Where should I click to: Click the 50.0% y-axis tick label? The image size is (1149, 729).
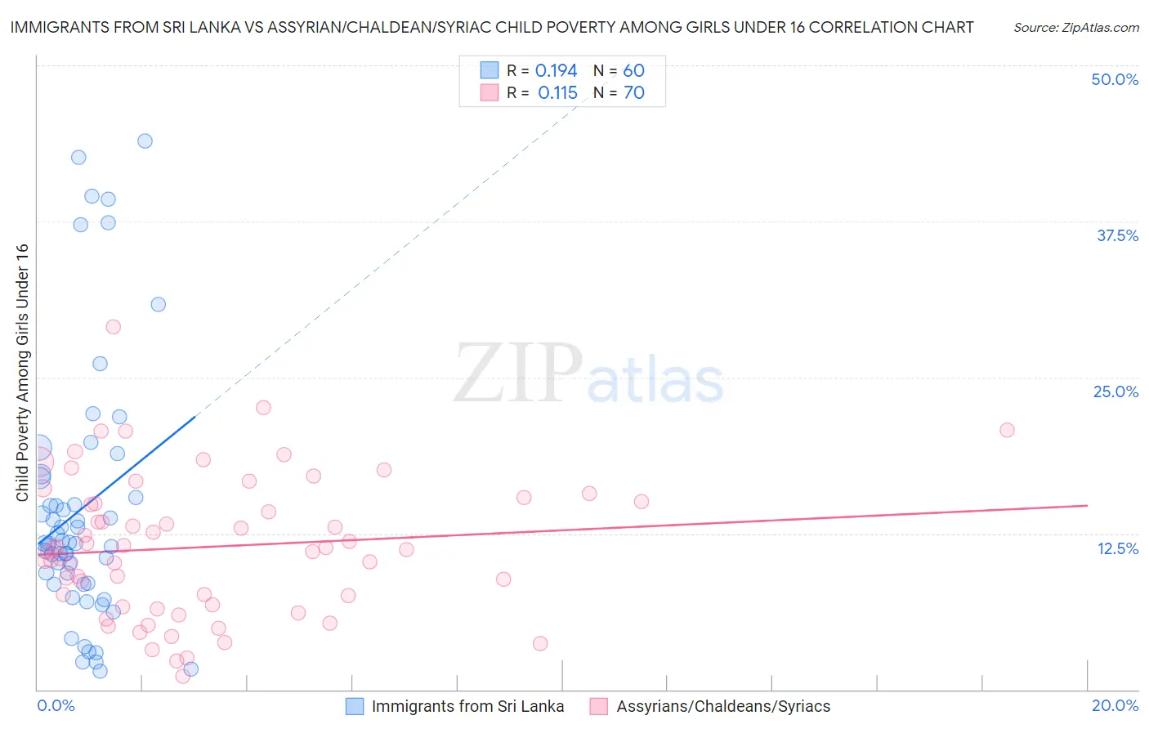(1115, 79)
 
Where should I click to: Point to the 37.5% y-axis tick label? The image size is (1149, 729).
(1117, 235)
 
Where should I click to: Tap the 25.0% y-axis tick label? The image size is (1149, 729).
(1115, 391)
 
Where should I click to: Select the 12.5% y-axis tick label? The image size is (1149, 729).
(1117, 548)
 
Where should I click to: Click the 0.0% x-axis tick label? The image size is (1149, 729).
(56, 705)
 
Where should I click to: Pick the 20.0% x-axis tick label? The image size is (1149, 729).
(1115, 705)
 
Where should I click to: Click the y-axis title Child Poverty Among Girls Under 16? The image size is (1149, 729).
(22, 373)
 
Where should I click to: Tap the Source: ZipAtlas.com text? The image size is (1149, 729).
(1075, 28)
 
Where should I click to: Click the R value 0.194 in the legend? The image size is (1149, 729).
(556, 71)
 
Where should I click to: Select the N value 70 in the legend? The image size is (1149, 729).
(634, 93)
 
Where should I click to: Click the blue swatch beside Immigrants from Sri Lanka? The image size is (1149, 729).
(355, 706)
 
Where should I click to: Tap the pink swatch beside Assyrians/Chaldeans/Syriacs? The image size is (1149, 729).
(599, 706)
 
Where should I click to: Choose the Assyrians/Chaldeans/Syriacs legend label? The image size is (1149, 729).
(723, 706)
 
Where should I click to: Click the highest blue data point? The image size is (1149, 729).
(145, 141)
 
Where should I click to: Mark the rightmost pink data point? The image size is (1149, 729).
(1007, 430)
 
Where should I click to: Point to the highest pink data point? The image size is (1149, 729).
(114, 327)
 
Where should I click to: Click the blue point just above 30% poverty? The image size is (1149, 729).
(159, 304)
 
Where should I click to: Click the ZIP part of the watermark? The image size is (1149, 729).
(518, 373)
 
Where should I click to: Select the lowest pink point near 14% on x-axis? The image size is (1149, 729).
(540, 643)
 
